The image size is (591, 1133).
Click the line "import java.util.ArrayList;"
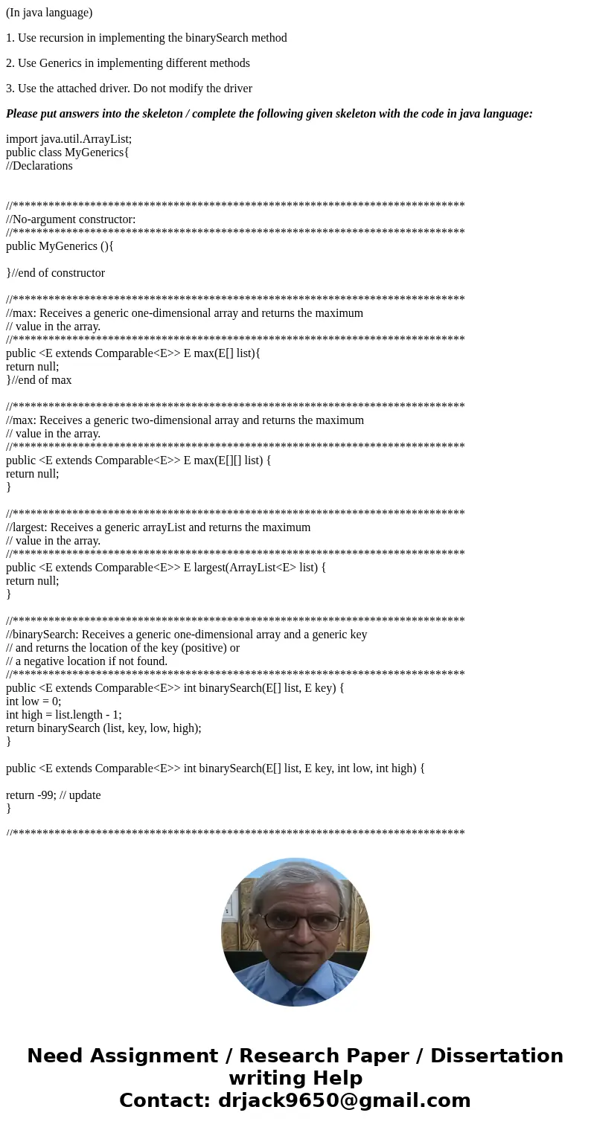tap(68, 139)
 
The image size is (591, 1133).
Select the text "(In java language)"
tap(49, 13)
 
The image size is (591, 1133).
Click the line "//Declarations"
tap(39, 166)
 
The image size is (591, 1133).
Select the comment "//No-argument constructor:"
tap(71, 219)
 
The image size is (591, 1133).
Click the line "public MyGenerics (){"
tap(60, 246)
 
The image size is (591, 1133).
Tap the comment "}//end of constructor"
tap(55, 273)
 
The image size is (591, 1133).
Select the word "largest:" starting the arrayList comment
tap(29, 527)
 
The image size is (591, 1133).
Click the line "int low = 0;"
tap(33, 702)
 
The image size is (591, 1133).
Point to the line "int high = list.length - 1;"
tap(63, 715)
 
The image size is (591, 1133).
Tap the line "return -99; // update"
tap(53, 795)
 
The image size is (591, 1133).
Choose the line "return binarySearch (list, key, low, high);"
tap(103, 728)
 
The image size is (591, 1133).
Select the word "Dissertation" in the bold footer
tap(496, 1056)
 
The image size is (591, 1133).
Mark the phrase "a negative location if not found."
tap(91, 661)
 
